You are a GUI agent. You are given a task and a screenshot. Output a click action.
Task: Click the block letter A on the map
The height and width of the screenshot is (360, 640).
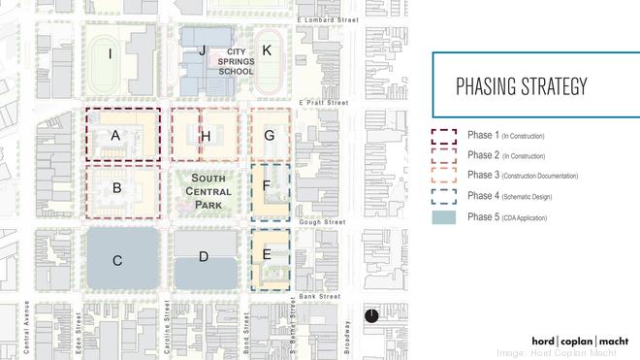tap(115, 137)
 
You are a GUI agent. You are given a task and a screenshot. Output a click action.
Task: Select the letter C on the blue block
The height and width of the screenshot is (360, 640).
tap(117, 259)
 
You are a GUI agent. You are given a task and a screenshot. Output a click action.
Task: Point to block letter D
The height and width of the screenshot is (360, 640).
tap(204, 257)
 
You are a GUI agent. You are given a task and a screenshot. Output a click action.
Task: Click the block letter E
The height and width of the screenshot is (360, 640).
tap(267, 254)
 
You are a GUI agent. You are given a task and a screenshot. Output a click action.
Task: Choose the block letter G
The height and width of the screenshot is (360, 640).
tap(270, 135)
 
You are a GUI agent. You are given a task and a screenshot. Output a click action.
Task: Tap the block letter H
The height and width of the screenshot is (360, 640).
tap(206, 136)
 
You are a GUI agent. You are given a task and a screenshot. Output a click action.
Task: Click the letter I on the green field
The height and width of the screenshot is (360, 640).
tap(111, 54)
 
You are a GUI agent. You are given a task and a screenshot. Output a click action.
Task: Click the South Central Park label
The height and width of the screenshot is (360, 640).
tap(208, 191)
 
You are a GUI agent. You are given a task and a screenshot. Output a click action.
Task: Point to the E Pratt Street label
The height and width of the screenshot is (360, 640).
tap(323, 102)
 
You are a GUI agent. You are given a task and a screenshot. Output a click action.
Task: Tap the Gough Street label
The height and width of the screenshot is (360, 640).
tap(324, 222)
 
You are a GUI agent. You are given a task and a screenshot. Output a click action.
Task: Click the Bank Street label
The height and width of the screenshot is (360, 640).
tap(320, 296)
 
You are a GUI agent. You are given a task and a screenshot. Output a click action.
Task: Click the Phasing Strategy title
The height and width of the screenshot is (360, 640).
tap(521, 86)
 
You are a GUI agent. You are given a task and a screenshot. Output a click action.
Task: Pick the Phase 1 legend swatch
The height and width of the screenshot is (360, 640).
tap(444, 135)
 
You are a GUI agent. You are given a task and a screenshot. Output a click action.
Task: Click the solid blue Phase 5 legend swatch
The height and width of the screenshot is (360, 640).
tap(444, 217)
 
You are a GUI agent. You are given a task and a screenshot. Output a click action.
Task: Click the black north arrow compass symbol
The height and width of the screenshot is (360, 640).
tap(371, 316)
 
